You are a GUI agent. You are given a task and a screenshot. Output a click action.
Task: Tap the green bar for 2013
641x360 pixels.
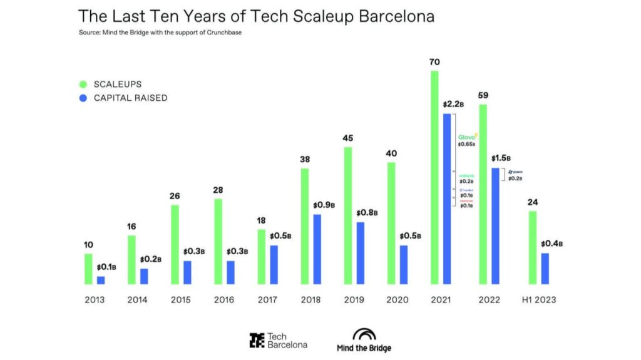pyautogui.click(x=88, y=269)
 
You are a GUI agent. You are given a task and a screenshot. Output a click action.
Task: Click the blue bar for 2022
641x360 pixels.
pyautogui.click(x=495, y=225)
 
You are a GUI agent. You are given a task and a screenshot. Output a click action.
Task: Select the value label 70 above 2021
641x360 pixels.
pyautogui.click(x=434, y=62)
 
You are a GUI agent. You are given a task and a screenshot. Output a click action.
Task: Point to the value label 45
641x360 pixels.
pyautogui.click(x=347, y=138)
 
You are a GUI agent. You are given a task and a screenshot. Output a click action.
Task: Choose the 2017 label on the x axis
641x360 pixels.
pyautogui.click(x=268, y=300)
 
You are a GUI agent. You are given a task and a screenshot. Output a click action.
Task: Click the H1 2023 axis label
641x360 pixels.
pyautogui.click(x=538, y=300)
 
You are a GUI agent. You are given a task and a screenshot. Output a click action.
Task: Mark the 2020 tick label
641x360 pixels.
pyautogui.click(x=398, y=300)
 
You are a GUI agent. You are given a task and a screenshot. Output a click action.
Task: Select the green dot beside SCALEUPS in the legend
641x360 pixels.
pyautogui.click(x=83, y=83)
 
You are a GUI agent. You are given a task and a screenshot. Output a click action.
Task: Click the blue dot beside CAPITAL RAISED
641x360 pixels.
pyautogui.click(x=83, y=98)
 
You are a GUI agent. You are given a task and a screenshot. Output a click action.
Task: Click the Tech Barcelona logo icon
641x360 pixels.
pyautogui.click(x=256, y=340)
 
